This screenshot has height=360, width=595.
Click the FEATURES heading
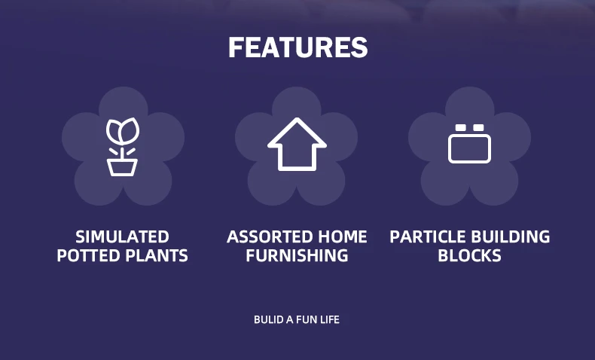[x=298, y=47]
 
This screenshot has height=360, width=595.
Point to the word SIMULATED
[x=122, y=237]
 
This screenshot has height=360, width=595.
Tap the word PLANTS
[x=157, y=255]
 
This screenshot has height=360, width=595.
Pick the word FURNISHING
[x=297, y=255]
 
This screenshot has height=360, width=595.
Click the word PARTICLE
[x=420, y=237]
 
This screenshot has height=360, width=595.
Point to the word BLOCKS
[x=469, y=255]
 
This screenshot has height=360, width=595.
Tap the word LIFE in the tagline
[x=330, y=320]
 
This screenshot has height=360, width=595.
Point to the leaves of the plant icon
[x=123, y=131]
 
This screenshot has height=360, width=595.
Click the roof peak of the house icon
[x=297, y=119]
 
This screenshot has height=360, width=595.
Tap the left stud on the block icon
[x=460, y=127]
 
